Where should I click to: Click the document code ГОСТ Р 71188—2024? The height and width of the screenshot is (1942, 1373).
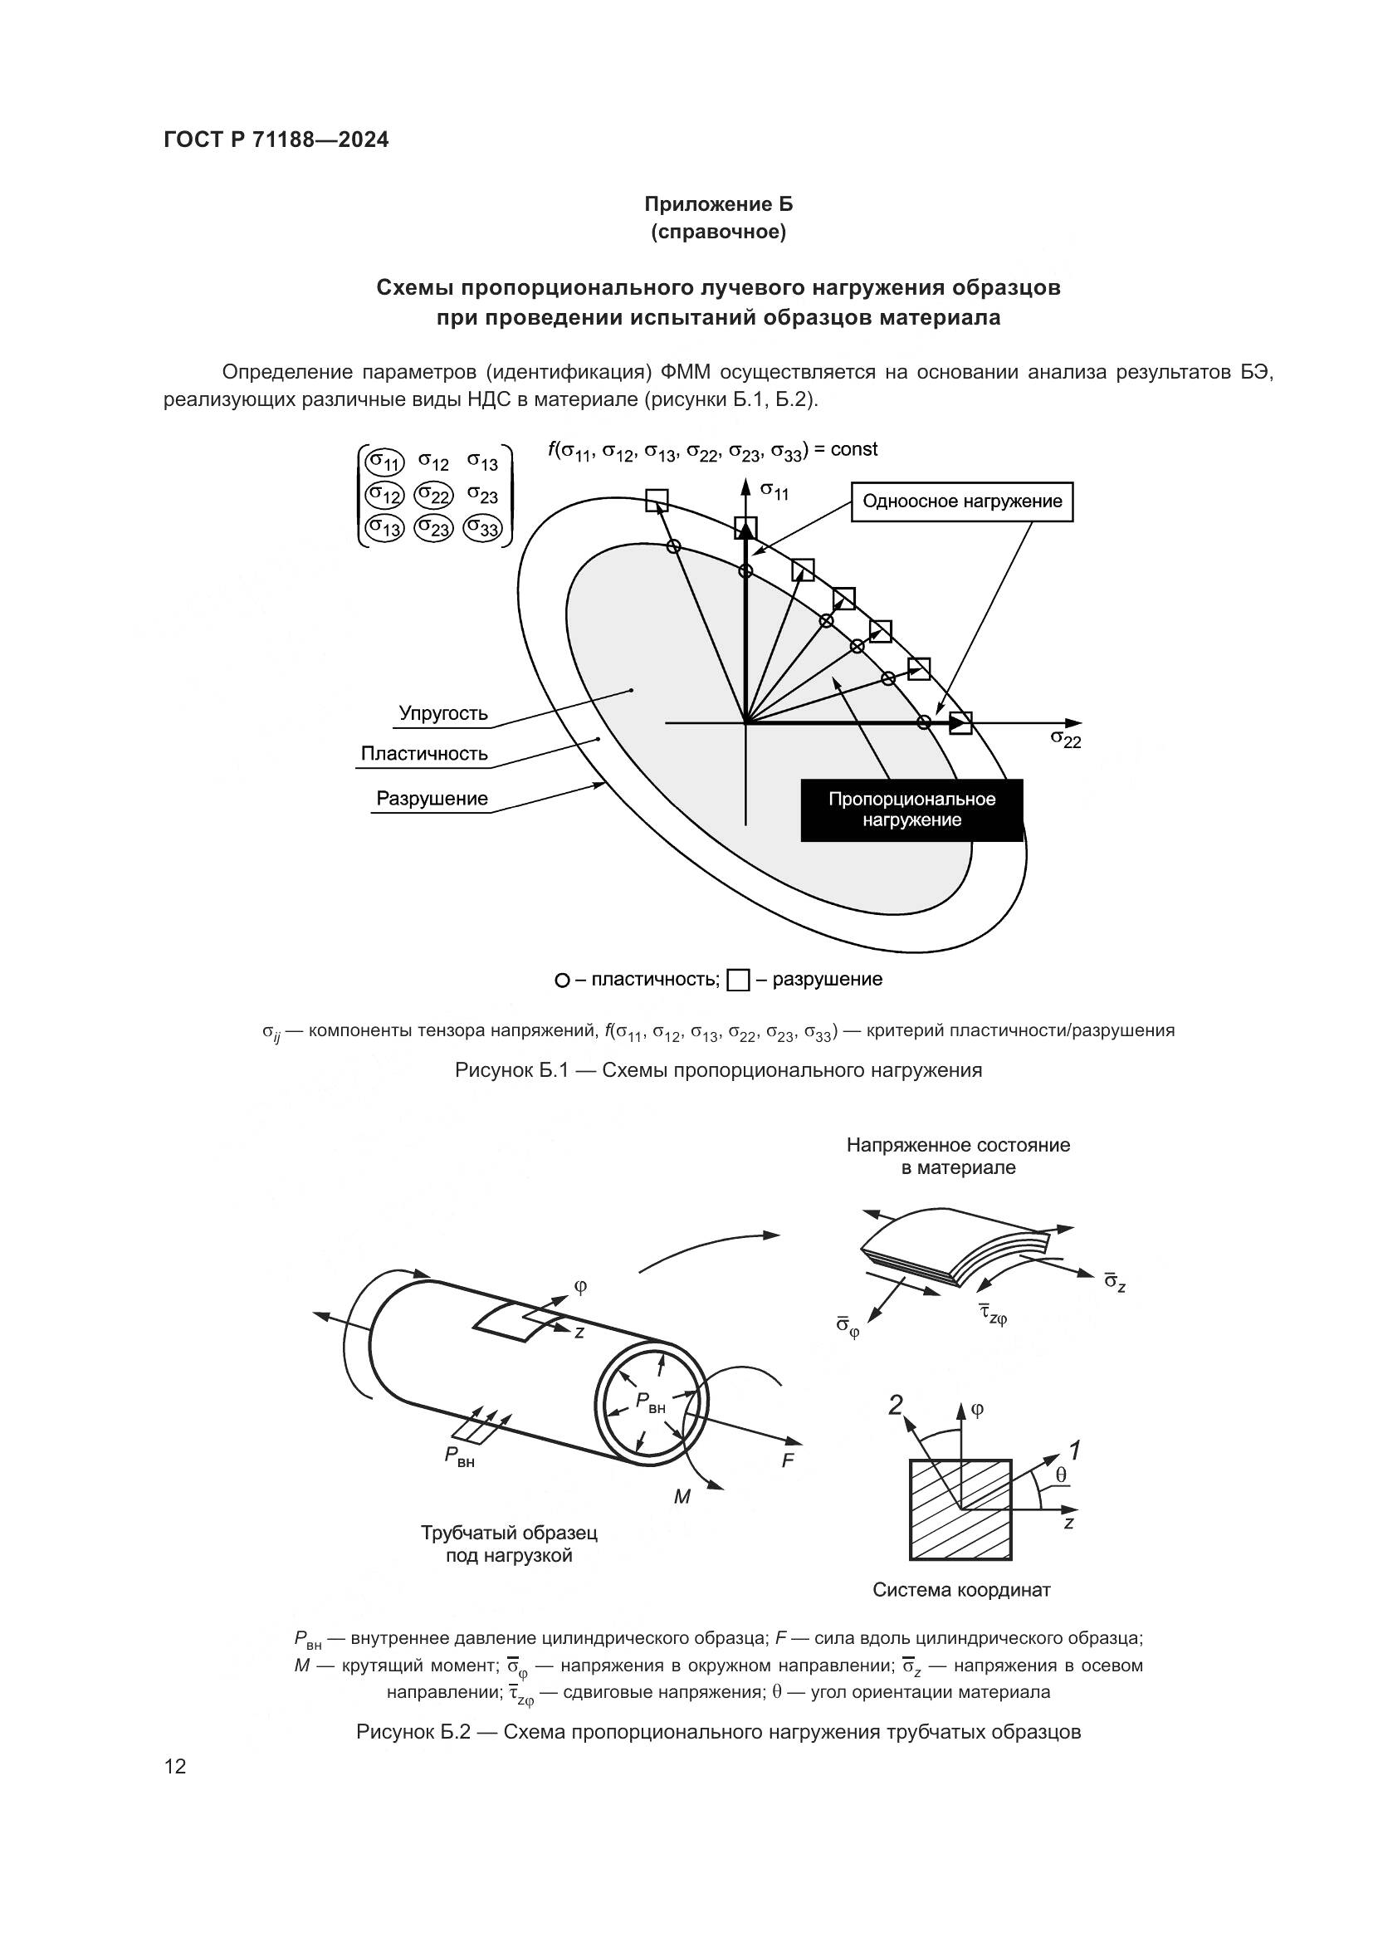click(276, 139)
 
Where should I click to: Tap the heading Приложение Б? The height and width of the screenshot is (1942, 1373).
click(719, 204)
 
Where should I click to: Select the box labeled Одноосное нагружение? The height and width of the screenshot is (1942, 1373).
click(961, 501)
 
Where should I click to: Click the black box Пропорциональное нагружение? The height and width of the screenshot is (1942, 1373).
click(911, 810)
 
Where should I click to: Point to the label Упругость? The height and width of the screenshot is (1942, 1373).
click(443, 713)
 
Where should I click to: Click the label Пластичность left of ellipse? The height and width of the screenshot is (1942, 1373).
click(423, 754)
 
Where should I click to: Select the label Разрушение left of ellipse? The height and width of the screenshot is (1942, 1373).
click(431, 799)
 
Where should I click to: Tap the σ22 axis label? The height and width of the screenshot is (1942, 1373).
click(1065, 738)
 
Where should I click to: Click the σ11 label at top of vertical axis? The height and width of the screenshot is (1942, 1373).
click(774, 490)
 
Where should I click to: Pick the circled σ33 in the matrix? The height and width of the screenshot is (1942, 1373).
click(483, 529)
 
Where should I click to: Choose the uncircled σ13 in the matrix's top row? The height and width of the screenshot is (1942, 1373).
click(483, 462)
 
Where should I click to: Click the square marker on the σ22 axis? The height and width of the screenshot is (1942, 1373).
click(960, 723)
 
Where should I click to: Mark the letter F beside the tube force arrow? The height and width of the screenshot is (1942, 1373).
click(787, 1460)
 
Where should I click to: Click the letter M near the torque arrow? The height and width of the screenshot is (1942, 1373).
click(682, 1497)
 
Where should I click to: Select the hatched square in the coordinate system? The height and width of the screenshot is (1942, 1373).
click(960, 1509)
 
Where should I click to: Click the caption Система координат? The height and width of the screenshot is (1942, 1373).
click(960, 1590)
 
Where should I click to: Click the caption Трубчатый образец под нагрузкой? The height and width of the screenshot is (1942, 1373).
click(509, 1544)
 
